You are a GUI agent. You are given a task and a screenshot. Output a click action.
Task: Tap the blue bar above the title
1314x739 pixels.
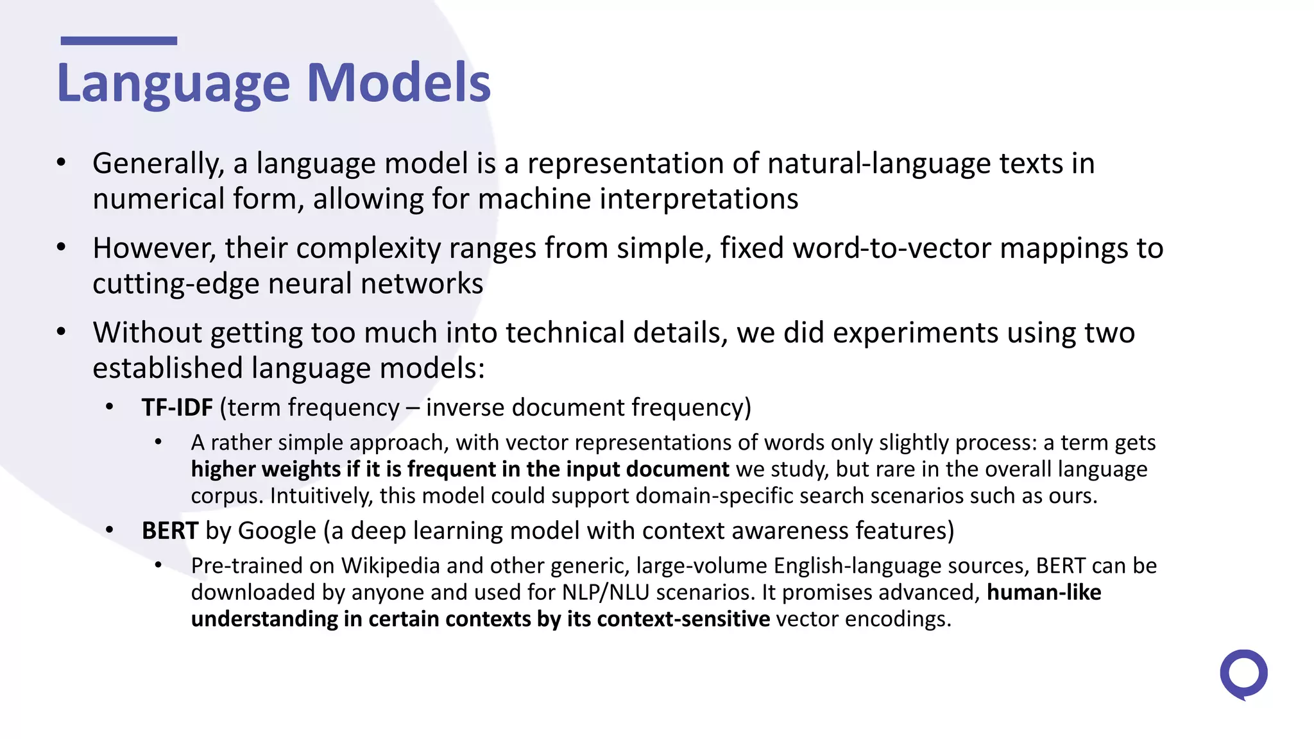119,41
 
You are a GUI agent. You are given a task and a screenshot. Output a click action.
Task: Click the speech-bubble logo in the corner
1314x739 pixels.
1243,674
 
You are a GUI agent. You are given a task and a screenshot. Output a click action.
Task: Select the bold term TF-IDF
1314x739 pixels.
177,408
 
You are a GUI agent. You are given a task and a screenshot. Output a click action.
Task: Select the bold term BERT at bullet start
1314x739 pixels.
170,531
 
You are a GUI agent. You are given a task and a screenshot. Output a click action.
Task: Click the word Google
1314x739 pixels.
277,531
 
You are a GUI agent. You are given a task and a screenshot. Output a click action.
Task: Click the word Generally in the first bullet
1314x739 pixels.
158,164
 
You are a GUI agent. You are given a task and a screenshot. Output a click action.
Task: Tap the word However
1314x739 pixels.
154,249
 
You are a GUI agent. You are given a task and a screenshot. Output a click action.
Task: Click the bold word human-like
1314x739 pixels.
1044,593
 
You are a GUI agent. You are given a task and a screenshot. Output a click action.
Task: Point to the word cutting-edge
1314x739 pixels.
175,284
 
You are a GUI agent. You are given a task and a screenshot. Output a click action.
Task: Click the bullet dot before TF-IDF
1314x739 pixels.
110,407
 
